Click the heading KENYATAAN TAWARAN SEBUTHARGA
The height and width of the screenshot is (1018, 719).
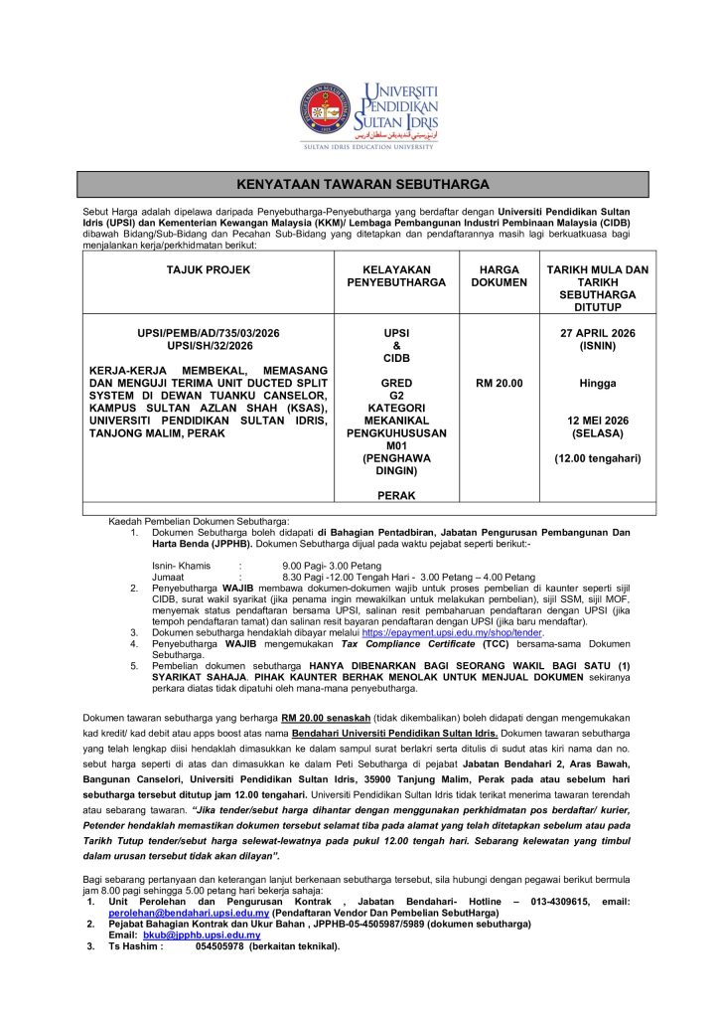coord(363,185)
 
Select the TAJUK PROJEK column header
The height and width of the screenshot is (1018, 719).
coord(208,269)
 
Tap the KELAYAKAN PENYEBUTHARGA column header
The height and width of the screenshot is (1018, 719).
coord(388,275)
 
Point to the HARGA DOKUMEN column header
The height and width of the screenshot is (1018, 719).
coord(500,275)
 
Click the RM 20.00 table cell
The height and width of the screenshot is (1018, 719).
coord(500,383)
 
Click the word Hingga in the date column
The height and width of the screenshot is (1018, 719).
coord(598,383)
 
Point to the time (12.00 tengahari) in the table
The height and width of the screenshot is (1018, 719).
coord(598,458)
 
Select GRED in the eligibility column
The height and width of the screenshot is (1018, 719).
coord(388,383)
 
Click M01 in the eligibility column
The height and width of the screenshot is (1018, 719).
coord(388,446)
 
